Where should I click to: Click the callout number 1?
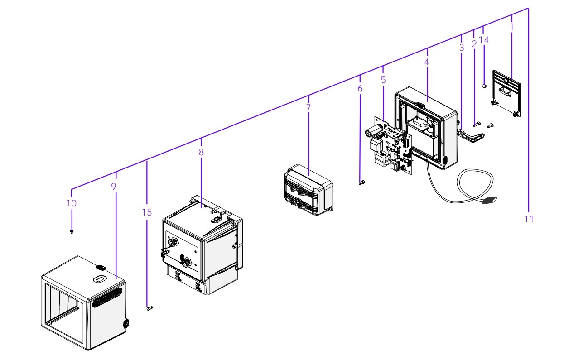coord(511,27)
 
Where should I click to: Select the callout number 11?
coord(529,219)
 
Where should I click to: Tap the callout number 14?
coord(484,40)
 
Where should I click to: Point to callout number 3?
coord(462,47)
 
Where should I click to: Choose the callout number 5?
coord(383,80)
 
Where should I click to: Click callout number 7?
coord(308,108)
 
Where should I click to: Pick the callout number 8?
coord(201,152)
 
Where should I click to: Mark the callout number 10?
coord(72,203)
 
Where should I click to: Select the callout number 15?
coord(147,212)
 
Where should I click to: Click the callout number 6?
coord(360,88)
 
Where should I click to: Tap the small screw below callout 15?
coord(149,308)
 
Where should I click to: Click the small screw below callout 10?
coord(72,232)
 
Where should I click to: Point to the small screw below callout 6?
coord(362,182)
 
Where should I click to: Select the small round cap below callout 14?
coord(485,85)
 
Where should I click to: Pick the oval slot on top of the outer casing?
coord(99,279)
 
